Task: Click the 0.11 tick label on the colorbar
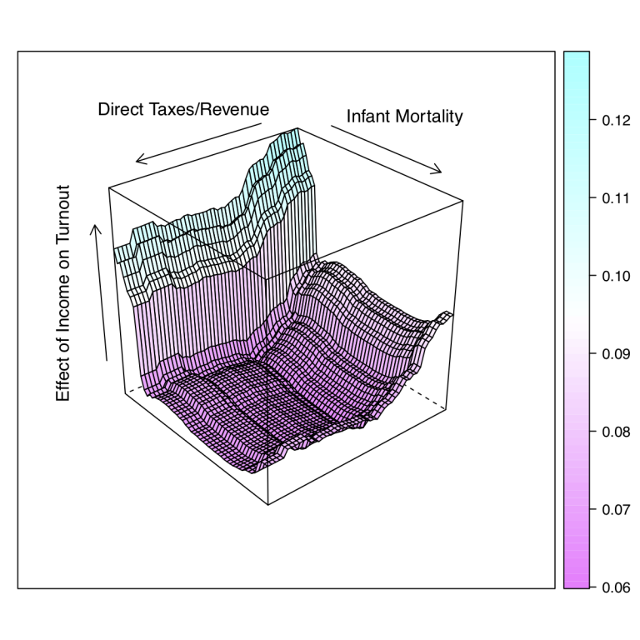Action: click(612, 198)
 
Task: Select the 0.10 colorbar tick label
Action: click(612, 276)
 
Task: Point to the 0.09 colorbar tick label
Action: click(612, 354)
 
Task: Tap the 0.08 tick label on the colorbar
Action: click(612, 432)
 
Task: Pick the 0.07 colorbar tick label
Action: click(612, 509)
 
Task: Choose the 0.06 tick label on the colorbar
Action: click(612, 587)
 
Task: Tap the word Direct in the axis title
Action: click(118, 109)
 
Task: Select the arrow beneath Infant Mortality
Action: click(386, 150)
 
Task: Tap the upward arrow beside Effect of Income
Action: click(101, 292)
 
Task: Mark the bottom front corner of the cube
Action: click(268, 504)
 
